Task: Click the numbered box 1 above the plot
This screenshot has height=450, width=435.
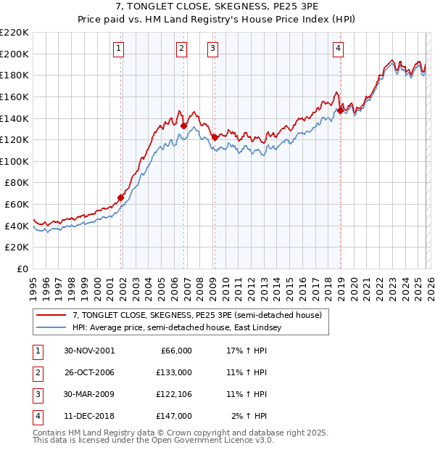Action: click(118, 49)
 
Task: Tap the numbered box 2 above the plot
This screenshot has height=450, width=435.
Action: click(181, 49)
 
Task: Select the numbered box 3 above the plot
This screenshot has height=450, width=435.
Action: click(212, 49)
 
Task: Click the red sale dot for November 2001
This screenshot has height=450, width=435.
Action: click(121, 197)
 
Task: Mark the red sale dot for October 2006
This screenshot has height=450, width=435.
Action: click(183, 126)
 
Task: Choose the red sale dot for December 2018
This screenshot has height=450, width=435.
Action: click(340, 110)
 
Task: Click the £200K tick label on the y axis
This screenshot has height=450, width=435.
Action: click(14, 54)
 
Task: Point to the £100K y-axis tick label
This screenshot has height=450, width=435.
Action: click(14, 161)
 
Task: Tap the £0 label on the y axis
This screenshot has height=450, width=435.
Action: click(22, 269)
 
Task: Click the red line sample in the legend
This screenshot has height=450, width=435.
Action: click(52, 315)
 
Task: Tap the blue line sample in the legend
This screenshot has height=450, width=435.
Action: click(52, 327)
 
